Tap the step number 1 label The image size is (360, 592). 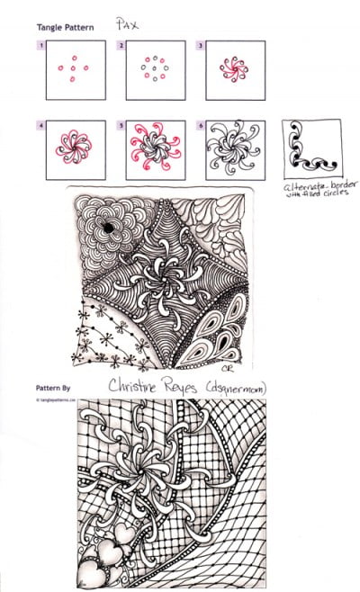point(40,45)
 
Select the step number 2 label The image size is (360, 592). point(121,45)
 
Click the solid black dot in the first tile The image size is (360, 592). point(108,229)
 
